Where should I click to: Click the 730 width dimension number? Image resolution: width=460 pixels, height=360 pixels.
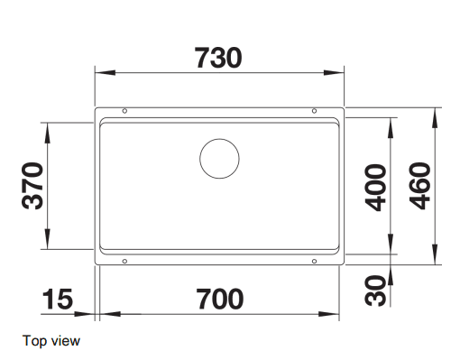point(218,58)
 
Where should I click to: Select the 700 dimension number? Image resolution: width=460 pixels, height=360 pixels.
point(220,299)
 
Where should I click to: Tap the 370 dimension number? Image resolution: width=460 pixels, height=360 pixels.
point(32,186)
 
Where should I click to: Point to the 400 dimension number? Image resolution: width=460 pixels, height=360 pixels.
point(375,188)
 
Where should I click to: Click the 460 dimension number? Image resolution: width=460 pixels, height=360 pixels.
point(419,186)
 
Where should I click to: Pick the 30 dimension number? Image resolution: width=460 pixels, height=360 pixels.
point(375,291)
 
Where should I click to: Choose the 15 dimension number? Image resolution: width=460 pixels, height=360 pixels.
point(57,299)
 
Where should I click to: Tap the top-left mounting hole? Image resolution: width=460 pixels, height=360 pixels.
point(124,111)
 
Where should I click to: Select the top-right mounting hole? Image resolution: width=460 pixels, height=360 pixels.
point(314,111)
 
